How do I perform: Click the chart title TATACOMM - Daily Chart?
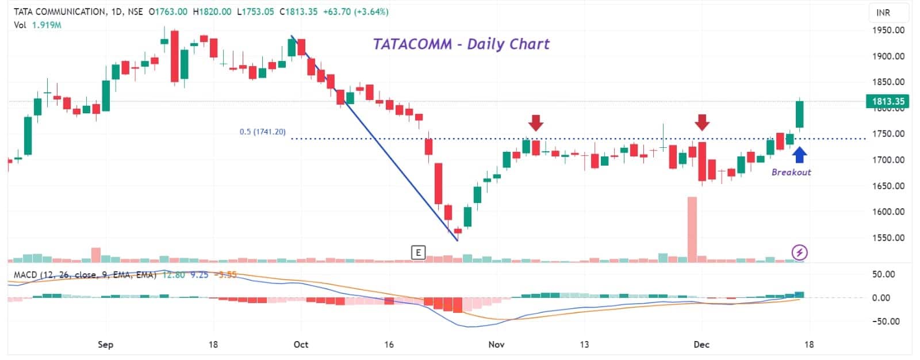[461, 44]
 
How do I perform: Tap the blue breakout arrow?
[799, 155]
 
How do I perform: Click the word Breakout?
[791, 172]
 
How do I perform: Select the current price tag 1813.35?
[888, 101]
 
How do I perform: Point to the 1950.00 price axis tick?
[889, 30]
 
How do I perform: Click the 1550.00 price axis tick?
[889, 238]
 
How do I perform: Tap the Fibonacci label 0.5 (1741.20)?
[262, 132]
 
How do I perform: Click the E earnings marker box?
[418, 252]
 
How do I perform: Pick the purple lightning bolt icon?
[800, 252]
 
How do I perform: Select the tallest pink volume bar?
[692, 229]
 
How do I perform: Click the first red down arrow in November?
[536, 122]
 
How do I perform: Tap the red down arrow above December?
[701, 122]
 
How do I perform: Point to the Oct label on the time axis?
[301, 344]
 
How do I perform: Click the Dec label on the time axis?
[701, 344]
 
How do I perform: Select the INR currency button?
[883, 13]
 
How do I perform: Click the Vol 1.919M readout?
[37, 25]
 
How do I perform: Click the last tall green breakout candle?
[799, 114]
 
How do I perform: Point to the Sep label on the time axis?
[105, 344]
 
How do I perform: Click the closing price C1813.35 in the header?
[298, 12]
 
